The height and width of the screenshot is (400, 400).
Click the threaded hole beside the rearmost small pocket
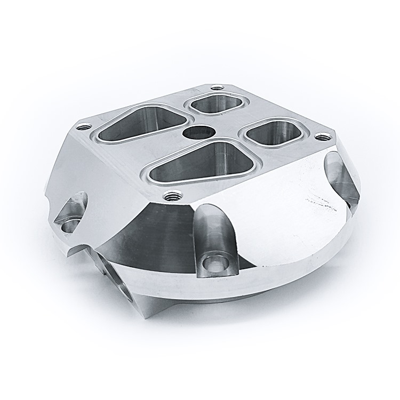tap(216, 88)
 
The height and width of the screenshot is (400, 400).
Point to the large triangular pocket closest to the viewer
tap(203, 163)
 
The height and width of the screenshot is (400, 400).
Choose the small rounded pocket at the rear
tap(216, 103)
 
